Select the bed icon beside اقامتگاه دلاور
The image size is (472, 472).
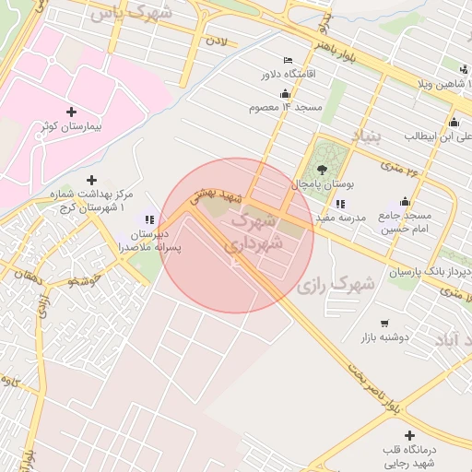(x=288, y=60)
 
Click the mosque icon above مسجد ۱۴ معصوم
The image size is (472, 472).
(x=285, y=93)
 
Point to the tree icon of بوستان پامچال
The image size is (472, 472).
(x=321, y=169)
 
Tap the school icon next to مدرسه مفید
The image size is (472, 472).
(x=340, y=204)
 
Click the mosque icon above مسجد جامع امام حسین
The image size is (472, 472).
(x=405, y=202)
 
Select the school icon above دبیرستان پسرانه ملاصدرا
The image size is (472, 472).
(x=149, y=219)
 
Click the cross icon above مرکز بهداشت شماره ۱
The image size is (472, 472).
(x=91, y=180)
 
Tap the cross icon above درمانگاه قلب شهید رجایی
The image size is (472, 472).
(x=409, y=434)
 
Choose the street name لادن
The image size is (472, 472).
(x=216, y=41)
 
